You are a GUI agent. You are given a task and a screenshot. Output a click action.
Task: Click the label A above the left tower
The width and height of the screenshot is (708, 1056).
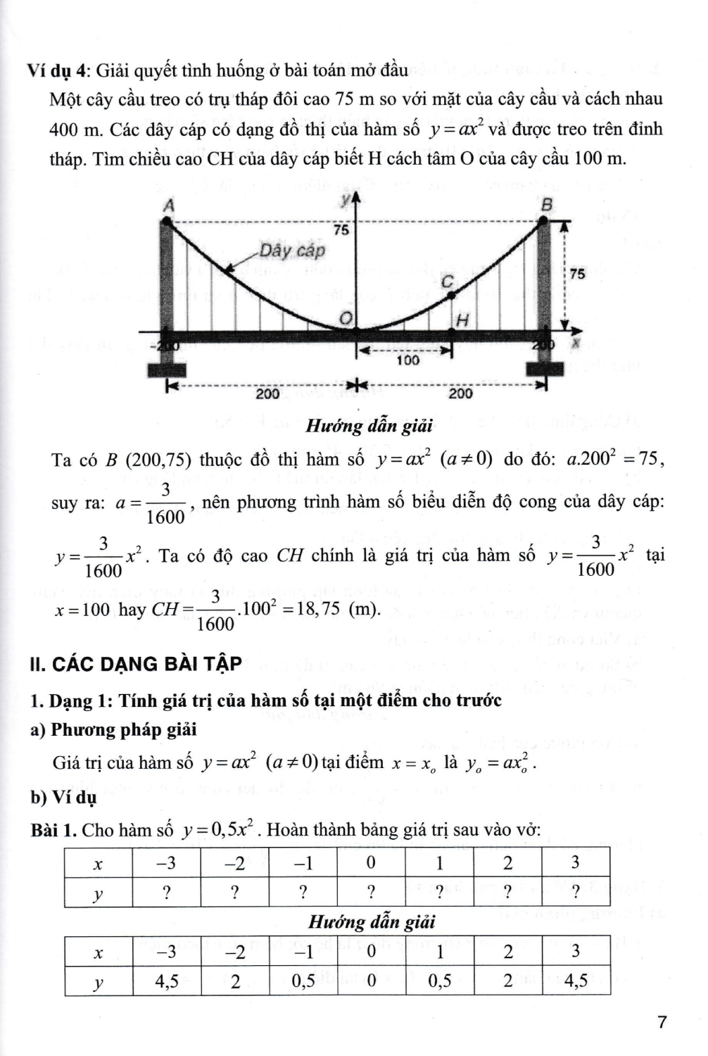pyautogui.click(x=168, y=206)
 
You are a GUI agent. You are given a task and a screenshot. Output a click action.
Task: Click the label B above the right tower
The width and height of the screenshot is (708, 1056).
pyautogui.click(x=547, y=204)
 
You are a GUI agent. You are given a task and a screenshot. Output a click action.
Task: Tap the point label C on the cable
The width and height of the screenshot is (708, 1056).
pyautogui.click(x=446, y=279)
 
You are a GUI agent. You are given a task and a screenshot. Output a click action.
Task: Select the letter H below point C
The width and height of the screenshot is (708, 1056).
pyautogui.click(x=462, y=320)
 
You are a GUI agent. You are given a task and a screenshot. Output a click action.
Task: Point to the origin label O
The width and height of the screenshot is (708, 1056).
pyautogui.click(x=345, y=319)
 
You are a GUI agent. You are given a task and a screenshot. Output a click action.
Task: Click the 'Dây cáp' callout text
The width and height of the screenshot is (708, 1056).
pyautogui.click(x=292, y=251)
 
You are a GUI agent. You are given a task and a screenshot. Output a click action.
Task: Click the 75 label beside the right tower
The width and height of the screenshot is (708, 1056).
pyautogui.click(x=577, y=274)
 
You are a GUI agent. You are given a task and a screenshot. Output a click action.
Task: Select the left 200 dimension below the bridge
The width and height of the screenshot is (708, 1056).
pyautogui.click(x=267, y=394)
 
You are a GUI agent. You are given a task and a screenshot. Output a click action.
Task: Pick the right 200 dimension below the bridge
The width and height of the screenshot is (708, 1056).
pyautogui.click(x=460, y=394)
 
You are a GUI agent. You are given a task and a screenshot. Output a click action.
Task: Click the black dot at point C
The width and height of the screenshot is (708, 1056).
pyautogui.click(x=452, y=292)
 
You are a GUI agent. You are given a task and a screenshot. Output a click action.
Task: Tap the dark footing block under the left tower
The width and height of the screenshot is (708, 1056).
pyautogui.click(x=168, y=370)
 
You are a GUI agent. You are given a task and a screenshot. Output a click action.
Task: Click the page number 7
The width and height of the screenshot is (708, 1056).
pyautogui.click(x=660, y=1022)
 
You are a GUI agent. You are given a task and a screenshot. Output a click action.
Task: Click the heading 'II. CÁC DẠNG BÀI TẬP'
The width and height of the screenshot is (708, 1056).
pyautogui.click(x=137, y=663)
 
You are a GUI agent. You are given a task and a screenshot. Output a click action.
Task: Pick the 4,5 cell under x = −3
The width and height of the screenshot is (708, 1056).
pyautogui.click(x=167, y=981)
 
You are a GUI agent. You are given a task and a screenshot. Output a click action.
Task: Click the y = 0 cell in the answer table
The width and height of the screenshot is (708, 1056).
pyautogui.click(x=371, y=981)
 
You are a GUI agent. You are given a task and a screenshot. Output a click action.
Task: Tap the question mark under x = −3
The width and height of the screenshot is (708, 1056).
pyautogui.click(x=167, y=892)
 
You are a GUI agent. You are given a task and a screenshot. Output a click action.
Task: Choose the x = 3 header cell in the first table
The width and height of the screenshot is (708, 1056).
pyautogui.click(x=575, y=862)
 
